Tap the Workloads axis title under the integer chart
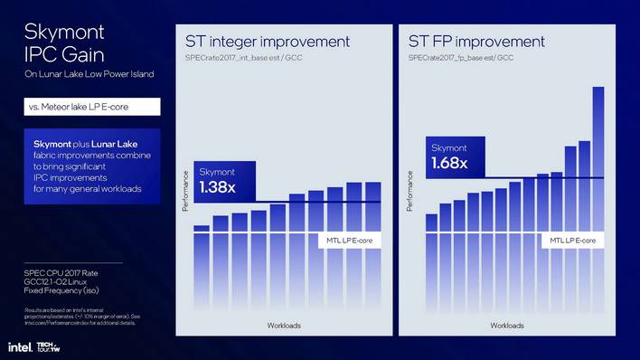pos(283,325)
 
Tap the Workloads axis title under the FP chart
pos(507,325)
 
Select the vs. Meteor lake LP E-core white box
pos(92,107)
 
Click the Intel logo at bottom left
pos(18,347)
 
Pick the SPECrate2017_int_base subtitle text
pos(240,58)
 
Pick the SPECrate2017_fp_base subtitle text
pos(462,58)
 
